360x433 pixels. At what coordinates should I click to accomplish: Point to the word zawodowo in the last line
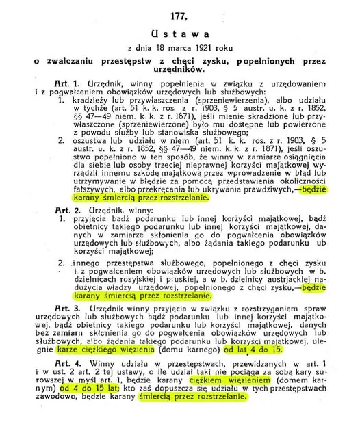pos(79,413)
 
